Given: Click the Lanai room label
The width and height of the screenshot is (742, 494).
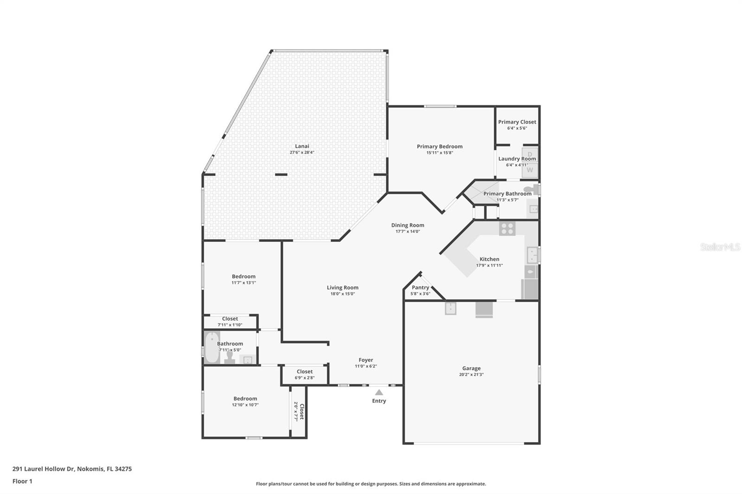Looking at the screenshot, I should pyautogui.click(x=302, y=146).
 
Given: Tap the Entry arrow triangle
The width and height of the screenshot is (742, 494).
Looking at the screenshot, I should pyautogui.click(x=379, y=392).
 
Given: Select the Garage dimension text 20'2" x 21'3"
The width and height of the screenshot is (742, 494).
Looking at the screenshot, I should pyautogui.click(x=471, y=374).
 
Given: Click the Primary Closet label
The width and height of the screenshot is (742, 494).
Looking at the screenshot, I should pyautogui.click(x=517, y=122).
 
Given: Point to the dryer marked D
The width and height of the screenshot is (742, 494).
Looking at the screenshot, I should pyautogui.click(x=530, y=153).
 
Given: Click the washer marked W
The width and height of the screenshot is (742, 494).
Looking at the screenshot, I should pyautogui.click(x=530, y=170).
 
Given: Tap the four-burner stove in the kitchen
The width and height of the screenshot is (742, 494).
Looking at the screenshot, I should pyautogui.click(x=507, y=228).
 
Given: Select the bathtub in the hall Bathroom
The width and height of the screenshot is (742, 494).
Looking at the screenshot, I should pyautogui.click(x=212, y=348).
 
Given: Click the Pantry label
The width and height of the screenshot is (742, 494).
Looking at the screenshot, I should pyautogui.click(x=420, y=287).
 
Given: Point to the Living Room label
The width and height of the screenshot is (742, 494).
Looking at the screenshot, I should pyautogui.click(x=342, y=287).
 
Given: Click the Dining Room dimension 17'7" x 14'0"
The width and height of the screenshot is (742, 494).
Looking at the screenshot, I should pyautogui.click(x=408, y=231).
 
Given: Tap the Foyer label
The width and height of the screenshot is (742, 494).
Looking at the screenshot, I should pyautogui.click(x=365, y=360).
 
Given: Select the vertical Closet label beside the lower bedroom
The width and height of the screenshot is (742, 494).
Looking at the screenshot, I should pyautogui.click(x=301, y=411).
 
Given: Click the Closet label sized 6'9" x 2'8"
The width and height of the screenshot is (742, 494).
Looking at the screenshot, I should pyautogui.click(x=304, y=371).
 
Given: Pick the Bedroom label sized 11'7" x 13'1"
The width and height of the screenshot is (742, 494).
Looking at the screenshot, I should pyautogui.click(x=243, y=276).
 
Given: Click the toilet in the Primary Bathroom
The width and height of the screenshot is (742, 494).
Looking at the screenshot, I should pyautogui.click(x=531, y=189).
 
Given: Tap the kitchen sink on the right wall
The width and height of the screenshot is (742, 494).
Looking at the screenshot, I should pyautogui.click(x=532, y=255).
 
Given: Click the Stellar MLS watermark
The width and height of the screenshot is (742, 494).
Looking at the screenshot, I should pyautogui.click(x=720, y=247).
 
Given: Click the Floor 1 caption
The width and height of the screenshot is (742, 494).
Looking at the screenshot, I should pyautogui.click(x=22, y=481).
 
